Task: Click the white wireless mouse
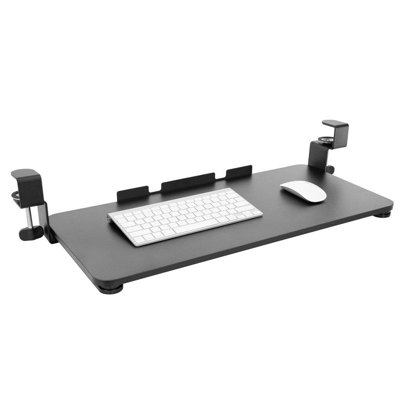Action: (303, 191)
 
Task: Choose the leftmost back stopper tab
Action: (132, 193)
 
